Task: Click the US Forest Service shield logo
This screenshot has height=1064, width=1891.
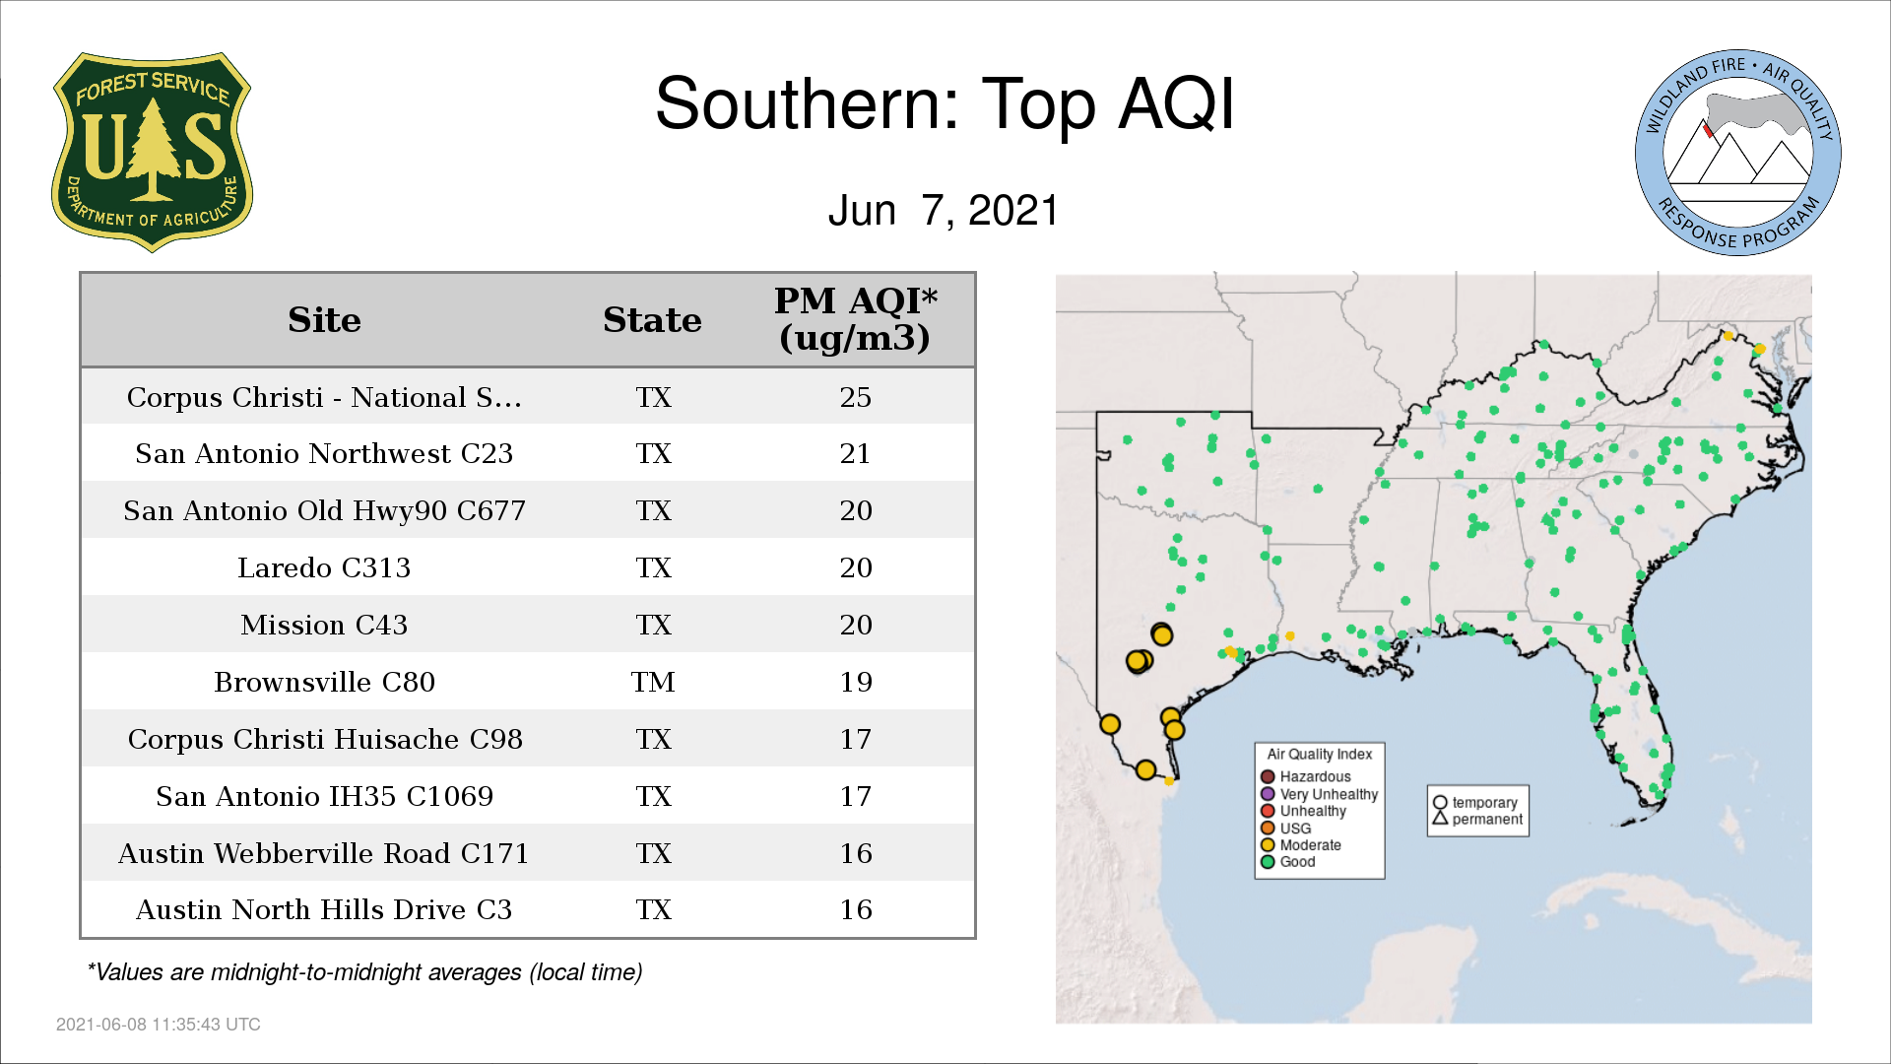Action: pos(152,152)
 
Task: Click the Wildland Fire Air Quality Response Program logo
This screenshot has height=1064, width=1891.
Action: pos(1738,153)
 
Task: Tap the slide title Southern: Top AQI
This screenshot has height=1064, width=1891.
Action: pos(945,103)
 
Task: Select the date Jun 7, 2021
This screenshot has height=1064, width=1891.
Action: pos(944,210)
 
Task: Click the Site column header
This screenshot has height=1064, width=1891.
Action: pos(324,320)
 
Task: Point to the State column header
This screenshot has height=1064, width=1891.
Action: pos(652,320)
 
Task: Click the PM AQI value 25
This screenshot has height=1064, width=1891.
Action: pos(855,397)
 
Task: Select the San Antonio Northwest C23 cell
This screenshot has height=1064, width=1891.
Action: pos(324,453)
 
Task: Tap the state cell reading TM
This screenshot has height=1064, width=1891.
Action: pos(653,682)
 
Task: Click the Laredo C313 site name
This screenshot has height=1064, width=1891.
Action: pos(324,567)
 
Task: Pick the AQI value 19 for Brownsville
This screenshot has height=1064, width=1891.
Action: pos(855,682)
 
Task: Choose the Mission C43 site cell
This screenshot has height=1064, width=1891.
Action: pos(324,625)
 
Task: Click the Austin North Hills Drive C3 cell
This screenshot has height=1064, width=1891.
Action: pos(324,909)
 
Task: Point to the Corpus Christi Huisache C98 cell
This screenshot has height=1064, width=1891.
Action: pos(324,739)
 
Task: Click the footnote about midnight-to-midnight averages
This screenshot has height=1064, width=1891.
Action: pos(364,972)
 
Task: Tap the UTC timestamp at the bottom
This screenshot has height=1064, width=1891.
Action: pos(159,1025)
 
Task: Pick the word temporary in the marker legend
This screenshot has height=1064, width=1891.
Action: pos(1484,803)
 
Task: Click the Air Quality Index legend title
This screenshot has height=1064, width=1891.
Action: pos(1319,754)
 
